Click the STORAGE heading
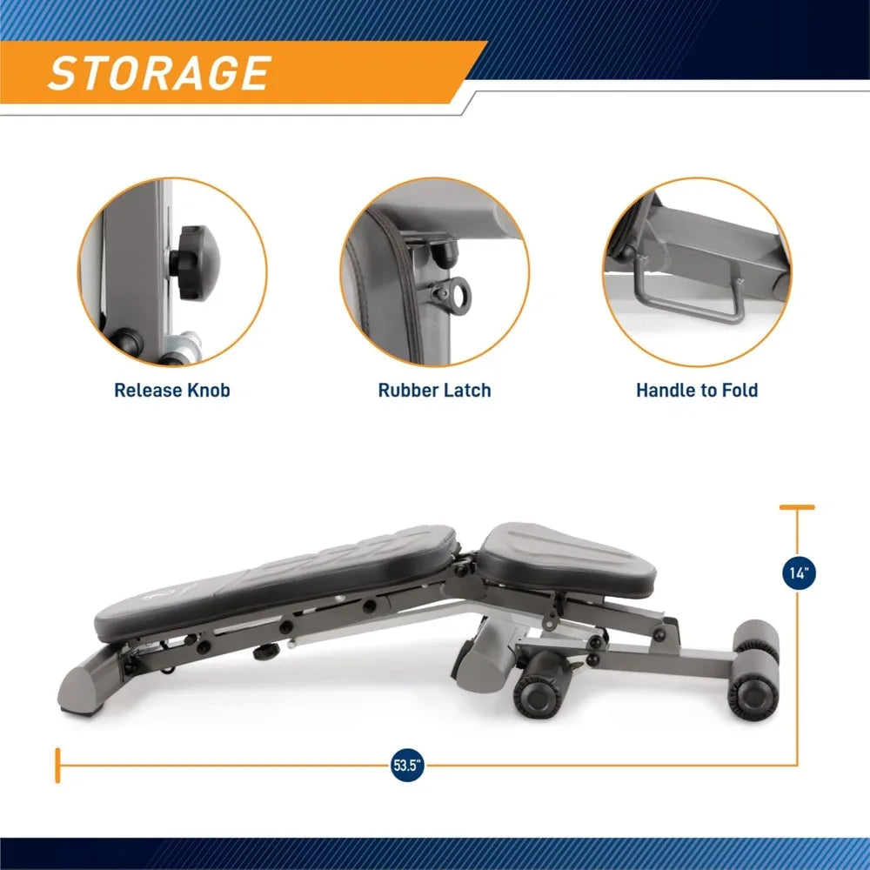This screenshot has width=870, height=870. pos(158,73)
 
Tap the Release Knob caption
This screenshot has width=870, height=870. pos(172,390)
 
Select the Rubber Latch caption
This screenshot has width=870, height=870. pos(434,390)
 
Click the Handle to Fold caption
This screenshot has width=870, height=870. pos(697,390)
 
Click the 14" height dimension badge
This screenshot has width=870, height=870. pos(798,574)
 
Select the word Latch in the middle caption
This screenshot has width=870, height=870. pos(466,390)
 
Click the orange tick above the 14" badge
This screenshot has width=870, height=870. pos(797,506)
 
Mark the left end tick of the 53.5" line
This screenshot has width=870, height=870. pos(58,766)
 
